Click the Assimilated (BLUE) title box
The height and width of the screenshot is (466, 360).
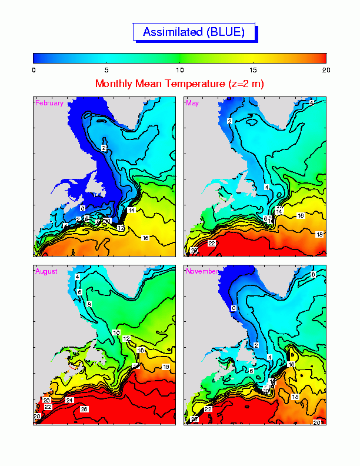pyautogui.click(x=194, y=32)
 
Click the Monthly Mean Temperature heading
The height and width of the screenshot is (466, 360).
pyautogui.click(x=179, y=84)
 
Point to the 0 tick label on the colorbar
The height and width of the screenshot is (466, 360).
pyautogui.click(x=34, y=69)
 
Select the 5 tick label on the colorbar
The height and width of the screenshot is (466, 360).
pyautogui.click(x=106, y=69)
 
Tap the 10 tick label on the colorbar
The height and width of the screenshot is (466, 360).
pyautogui.click(x=179, y=69)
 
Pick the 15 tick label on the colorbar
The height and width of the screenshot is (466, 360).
pyautogui.click(x=252, y=69)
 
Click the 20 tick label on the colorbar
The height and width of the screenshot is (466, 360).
pyautogui.click(x=325, y=69)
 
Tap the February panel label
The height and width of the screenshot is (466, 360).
pyautogui.click(x=49, y=103)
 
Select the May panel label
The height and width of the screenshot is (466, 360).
pyautogui.click(x=192, y=103)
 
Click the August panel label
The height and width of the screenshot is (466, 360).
pyautogui.click(x=46, y=271)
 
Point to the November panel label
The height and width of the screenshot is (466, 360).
pyautogui.click(x=203, y=271)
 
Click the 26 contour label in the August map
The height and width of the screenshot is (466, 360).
pyautogui.click(x=84, y=408)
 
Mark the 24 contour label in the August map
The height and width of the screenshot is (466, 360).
pyautogui.click(x=69, y=401)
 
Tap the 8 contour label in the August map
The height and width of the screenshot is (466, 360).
pyautogui.click(x=89, y=304)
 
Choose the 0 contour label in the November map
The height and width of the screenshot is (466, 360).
pyautogui.click(x=233, y=308)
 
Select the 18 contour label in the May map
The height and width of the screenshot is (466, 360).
pyautogui.click(x=319, y=234)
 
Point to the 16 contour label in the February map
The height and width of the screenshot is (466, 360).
pyautogui.click(x=145, y=238)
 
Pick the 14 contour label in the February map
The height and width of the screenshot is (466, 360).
pyautogui.click(x=131, y=210)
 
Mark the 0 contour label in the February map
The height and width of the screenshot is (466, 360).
pyautogui.click(x=82, y=208)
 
